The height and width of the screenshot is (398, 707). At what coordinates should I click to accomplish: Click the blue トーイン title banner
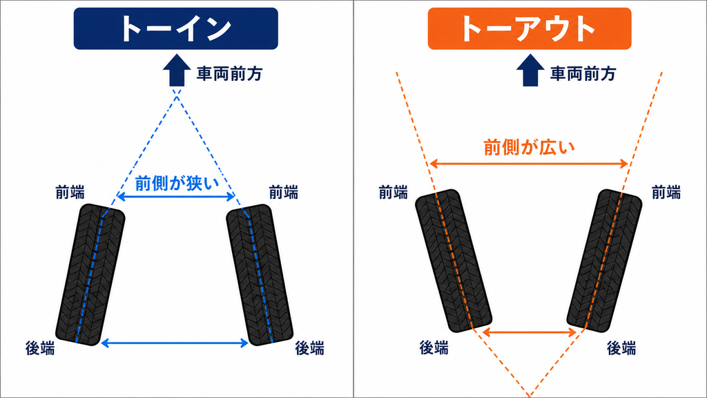(176, 28)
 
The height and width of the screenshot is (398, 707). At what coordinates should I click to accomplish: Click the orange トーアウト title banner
(530, 28)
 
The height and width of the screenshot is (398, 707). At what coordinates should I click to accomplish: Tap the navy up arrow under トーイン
(177, 70)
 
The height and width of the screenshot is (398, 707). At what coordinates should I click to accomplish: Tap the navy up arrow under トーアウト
(530, 70)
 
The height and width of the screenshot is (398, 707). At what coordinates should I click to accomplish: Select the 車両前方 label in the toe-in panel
(229, 73)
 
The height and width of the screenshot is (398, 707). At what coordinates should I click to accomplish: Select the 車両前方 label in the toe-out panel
(583, 73)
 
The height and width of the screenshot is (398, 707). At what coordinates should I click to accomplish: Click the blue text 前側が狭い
(177, 184)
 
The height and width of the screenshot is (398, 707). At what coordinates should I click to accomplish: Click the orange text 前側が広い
(530, 148)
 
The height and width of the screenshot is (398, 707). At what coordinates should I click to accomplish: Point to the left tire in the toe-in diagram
(90, 275)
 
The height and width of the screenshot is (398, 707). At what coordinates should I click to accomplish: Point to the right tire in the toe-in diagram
(260, 275)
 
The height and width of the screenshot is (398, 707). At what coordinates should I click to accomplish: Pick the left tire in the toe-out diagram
(453, 260)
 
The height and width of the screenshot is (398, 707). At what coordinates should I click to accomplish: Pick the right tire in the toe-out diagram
(604, 260)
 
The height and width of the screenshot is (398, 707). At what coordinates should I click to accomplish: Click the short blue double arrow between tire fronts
(176, 196)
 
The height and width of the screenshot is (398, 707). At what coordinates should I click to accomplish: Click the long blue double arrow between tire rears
(175, 343)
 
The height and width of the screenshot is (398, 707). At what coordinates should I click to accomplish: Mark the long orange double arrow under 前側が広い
(529, 163)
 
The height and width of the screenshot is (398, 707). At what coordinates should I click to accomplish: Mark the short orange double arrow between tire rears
(530, 332)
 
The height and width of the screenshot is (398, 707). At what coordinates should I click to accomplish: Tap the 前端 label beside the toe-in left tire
(70, 193)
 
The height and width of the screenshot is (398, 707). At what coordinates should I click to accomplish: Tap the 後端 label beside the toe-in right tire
(309, 348)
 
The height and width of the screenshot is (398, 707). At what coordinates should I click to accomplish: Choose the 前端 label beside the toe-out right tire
(666, 193)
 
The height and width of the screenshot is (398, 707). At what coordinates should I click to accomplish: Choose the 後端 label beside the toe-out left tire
(434, 348)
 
